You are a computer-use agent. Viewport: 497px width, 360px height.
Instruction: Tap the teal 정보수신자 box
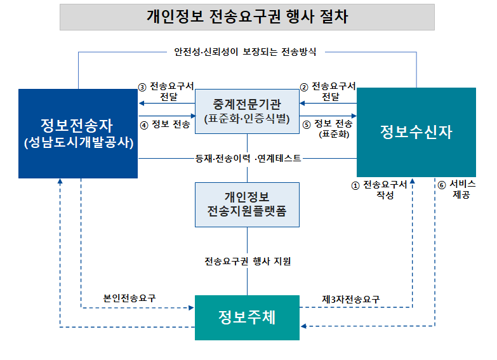(x=416, y=131)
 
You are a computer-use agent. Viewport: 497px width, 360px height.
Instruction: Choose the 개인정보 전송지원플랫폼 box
(x=247, y=204)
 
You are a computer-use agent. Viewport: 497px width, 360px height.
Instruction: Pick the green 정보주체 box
(x=247, y=317)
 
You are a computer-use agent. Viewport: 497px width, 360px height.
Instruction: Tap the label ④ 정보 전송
(x=164, y=124)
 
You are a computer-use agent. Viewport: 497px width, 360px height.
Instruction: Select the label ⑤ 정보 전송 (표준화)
(x=330, y=128)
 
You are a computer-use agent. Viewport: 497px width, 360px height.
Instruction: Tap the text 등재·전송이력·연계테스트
(x=248, y=158)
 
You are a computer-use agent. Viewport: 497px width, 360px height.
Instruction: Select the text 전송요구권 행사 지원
(x=248, y=261)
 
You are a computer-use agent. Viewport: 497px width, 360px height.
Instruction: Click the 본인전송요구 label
(x=129, y=298)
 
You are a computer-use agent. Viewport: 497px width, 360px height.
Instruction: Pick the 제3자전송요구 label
(x=351, y=298)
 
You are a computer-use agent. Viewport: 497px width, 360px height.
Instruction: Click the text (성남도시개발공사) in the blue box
(x=78, y=143)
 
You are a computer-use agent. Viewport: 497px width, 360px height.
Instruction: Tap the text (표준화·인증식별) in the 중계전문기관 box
(x=247, y=119)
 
